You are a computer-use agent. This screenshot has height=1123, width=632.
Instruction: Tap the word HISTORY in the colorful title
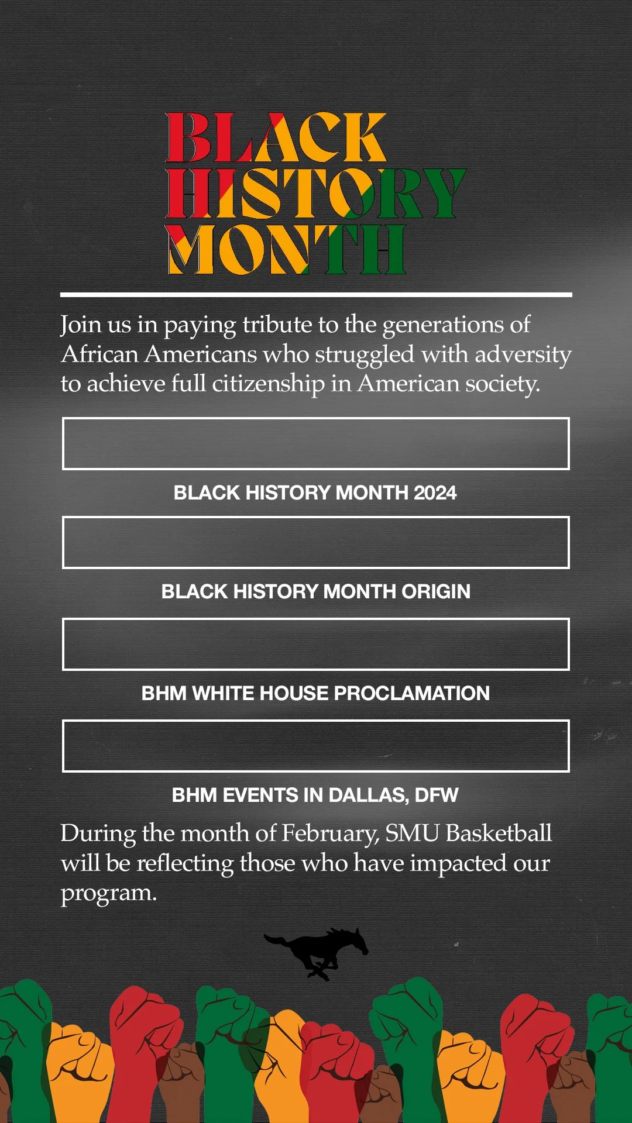(x=316, y=193)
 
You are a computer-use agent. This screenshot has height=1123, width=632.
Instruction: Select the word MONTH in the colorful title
(x=287, y=250)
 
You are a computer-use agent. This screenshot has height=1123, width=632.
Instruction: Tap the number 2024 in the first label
(x=435, y=493)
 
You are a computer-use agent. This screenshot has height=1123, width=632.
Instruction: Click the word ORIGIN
(x=436, y=592)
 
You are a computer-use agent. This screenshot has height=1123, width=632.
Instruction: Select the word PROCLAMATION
(x=412, y=694)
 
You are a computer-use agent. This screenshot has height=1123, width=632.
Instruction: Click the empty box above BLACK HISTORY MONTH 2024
(x=316, y=443)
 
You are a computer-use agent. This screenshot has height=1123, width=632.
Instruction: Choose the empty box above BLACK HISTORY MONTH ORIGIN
(x=316, y=542)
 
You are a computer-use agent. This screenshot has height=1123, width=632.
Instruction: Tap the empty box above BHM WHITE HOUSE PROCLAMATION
(x=316, y=644)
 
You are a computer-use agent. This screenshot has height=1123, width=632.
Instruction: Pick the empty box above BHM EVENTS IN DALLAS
(x=316, y=746)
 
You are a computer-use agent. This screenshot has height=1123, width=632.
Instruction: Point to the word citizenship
(x=268, y=384)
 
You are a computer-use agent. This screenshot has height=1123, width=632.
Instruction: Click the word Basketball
(x=499, y=833)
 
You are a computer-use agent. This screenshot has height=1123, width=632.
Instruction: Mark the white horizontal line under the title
(x=316, y=295)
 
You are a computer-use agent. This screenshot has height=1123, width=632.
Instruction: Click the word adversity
(x=523, y=354)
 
